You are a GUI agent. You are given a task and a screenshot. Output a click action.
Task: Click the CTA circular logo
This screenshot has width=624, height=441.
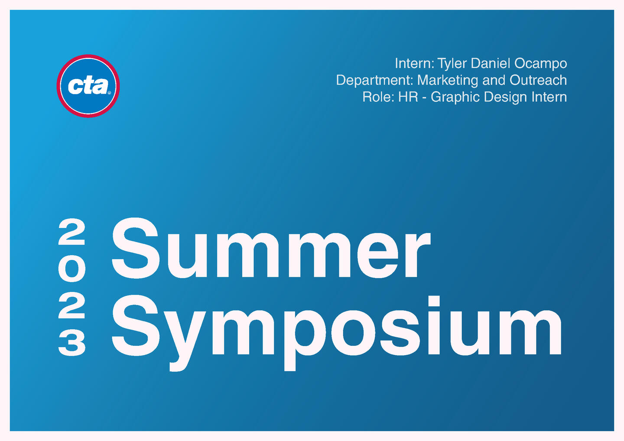coord(88,86)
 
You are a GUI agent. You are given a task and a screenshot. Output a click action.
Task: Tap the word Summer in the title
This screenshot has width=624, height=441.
coord(271,248)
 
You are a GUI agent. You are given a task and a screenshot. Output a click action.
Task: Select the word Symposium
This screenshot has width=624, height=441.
coord(337,333)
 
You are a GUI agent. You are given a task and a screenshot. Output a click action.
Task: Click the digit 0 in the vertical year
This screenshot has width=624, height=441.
coord(71,270)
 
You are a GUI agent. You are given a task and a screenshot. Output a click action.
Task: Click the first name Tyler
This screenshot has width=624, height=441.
coord(452,64)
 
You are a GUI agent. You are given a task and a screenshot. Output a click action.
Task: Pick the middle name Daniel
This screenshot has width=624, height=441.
coord(491,64)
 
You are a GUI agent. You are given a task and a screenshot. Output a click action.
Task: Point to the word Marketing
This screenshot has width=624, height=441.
coord(448,81)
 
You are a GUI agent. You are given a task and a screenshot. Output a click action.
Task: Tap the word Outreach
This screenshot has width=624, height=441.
coord(539,80)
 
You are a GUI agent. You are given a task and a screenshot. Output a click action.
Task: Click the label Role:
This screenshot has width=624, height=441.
coord(378,97)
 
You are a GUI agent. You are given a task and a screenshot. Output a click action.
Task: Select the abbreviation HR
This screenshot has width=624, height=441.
coord(408,97)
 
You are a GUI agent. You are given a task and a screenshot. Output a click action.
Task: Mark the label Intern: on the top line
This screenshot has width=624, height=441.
coord(415,64)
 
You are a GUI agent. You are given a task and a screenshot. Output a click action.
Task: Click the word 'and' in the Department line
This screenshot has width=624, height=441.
coord(494,80)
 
